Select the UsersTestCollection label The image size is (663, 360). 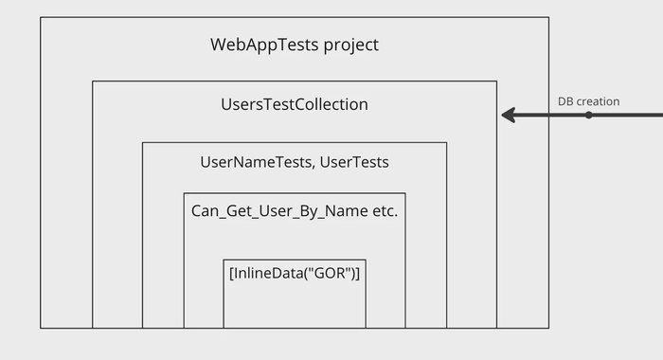coord(294,104)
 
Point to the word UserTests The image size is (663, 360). coord(354,162)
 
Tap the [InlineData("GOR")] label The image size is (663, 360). coord(295,273)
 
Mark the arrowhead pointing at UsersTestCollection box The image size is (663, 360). coord(508,116)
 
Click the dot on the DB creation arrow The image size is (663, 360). coord(588,116)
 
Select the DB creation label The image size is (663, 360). coord(588,100)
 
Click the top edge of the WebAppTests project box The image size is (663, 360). coord(295,17)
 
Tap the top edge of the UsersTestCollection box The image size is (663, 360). coord(295,81)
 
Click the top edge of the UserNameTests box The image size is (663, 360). coord(295,142)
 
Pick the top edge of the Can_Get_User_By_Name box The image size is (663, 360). coord(295,193)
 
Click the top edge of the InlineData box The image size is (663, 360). coord(295,259)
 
